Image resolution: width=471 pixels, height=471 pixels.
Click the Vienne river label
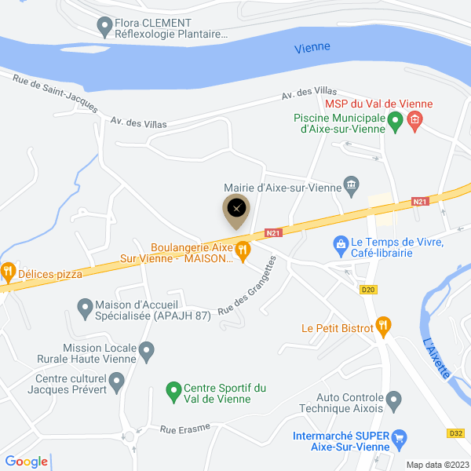312,48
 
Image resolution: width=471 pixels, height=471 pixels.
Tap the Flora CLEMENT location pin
103,27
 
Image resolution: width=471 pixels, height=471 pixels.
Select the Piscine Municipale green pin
396,121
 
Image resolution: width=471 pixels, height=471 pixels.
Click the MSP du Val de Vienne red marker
415,120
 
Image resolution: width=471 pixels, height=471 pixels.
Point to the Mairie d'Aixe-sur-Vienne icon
352,186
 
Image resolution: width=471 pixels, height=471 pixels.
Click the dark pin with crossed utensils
238,209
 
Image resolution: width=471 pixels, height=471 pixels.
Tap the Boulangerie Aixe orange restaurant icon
243,251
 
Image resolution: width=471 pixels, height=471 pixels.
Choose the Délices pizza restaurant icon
8,272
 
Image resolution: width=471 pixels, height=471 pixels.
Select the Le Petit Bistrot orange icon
383,323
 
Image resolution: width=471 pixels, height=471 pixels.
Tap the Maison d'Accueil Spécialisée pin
84,305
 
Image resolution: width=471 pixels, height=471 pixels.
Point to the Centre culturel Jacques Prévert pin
117,382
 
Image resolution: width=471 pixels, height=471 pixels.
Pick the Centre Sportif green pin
173,389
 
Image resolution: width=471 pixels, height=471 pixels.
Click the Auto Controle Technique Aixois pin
395,401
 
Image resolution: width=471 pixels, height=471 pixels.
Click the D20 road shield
367,290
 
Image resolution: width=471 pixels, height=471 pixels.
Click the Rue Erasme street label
177,429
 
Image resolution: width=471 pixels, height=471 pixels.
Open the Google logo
26,462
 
